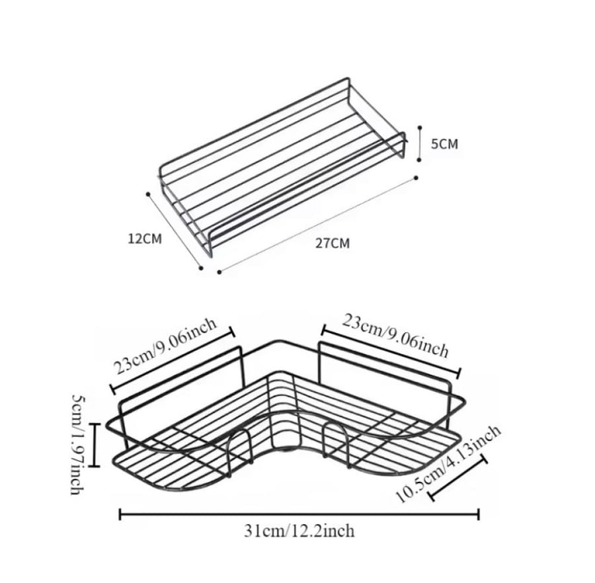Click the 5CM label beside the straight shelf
(444, 144)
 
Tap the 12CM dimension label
(145, 239)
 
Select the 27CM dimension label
(333, 243)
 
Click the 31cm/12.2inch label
(299, 531)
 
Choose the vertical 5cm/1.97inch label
(78, 444)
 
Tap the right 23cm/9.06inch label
(395, 336)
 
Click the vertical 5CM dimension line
(419, 143)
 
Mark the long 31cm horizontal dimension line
(299, 514)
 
